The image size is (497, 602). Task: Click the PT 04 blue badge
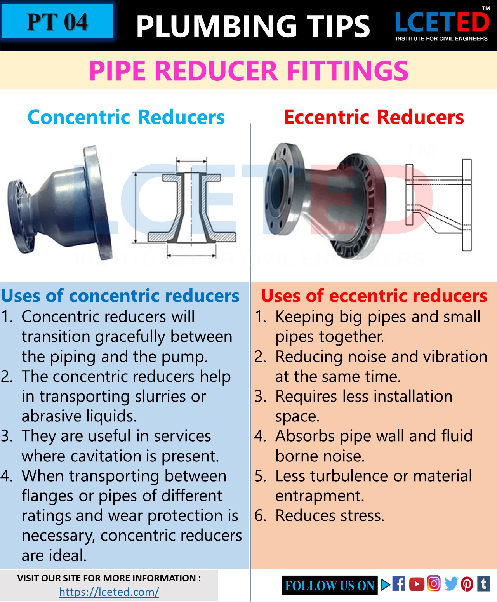[57, 21]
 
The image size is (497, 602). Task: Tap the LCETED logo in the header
[442, 25]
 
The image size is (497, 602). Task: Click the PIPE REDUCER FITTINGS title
[248, 71]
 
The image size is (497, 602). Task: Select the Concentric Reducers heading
[126, 117]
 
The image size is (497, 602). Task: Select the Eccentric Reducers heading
[374, 117]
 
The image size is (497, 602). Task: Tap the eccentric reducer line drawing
[439, 204]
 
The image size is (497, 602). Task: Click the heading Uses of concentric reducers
[120, 296]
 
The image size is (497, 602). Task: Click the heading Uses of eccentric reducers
[374, 296]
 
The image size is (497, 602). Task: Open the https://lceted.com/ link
[109, 592]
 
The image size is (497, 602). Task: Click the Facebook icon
[398, 584]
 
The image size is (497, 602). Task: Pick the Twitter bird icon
[451, 583]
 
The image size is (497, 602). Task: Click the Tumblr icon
[483, 583]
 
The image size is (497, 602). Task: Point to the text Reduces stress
[330, 516]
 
